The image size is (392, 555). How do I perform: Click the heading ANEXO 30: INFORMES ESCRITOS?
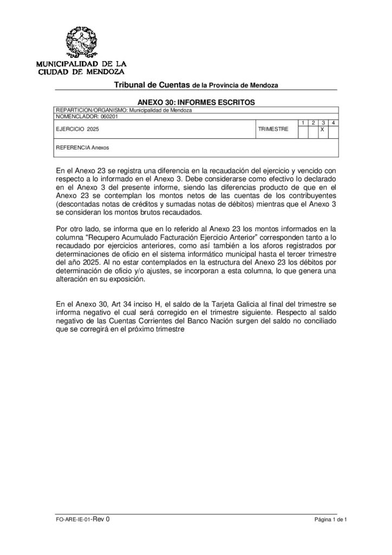click(x=195, y=101)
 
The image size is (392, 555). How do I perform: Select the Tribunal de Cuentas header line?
click(x=195, y=86)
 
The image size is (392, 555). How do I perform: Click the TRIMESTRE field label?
click(x=273, y=130)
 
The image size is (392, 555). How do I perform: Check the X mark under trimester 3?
click(x=322, y=131)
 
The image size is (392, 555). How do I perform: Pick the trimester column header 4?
click(x=332, y=123)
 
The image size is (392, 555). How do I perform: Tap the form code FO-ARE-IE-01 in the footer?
click(x=74, y=519)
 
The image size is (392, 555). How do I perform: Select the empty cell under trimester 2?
click(x=312, y=131)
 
